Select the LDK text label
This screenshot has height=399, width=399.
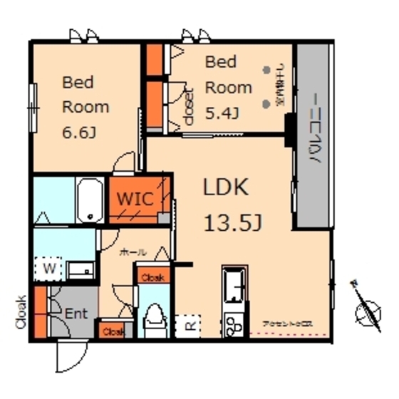point(225,188)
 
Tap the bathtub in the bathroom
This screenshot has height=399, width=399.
point(90,199)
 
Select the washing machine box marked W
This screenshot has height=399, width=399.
point(50,268)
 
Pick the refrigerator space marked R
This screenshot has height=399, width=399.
point(189,325)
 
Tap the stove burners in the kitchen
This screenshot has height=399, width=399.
point(234,326)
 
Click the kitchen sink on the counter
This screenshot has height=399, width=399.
point(234,286)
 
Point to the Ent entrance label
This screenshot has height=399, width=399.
point(76,312)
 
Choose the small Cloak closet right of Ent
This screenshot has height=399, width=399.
point(112,331)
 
